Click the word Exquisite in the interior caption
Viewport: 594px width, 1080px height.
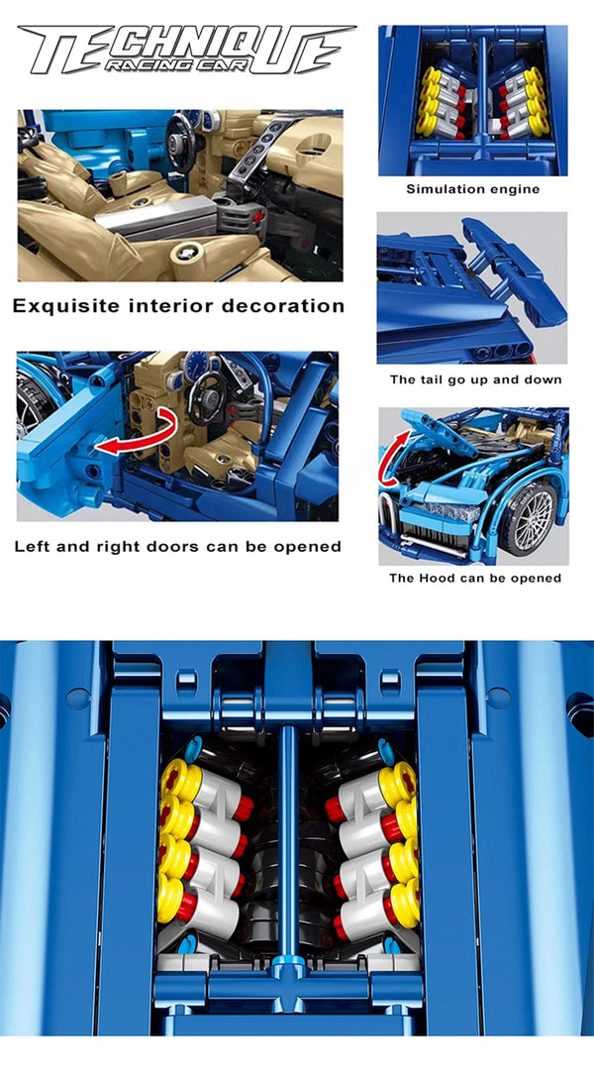[x=64, y=306]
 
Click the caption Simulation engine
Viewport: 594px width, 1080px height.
[x=472, y=188]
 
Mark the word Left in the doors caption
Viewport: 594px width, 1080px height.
[x=33, y=547]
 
